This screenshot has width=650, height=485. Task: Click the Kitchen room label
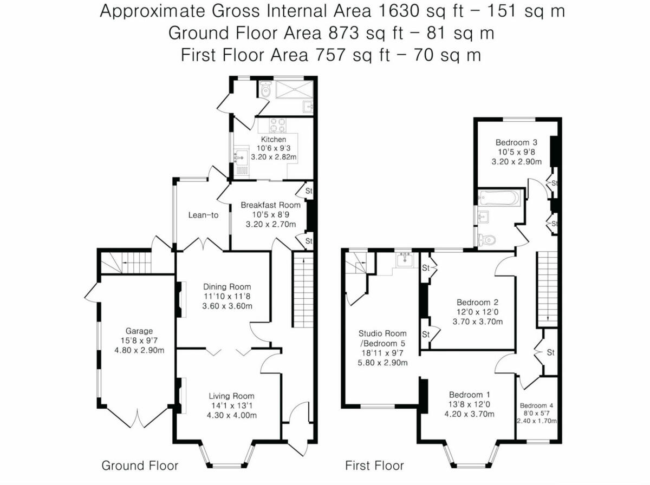[x=274, y=140]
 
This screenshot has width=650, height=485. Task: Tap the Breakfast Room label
[x=270, y=205]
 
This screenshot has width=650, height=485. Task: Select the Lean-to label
[x=203, y=215]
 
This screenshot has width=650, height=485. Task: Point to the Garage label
[x=139, y=331]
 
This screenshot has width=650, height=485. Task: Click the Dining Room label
[x=227, y=287]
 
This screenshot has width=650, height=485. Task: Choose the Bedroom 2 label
[x=477, y=302]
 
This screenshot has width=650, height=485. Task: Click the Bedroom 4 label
[x=537, y=405]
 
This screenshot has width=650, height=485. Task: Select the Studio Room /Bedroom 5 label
[x=383, y=338]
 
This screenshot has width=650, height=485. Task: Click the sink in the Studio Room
[x=404, y=260]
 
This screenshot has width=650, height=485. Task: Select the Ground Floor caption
[x=140, y=466]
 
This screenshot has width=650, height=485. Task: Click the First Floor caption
[x=375, y=466]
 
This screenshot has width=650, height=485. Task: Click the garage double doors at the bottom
[x=139, y=420]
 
